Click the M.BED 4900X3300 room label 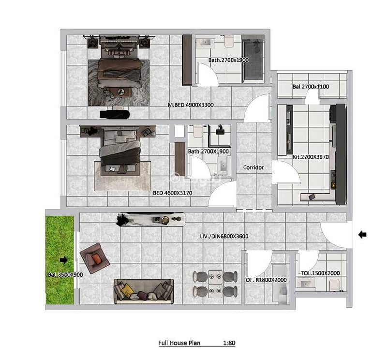(191, 105)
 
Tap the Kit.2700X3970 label (311, 157)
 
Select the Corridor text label (253, 167)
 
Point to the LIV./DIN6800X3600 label (224, 236)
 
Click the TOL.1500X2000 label (320, 273)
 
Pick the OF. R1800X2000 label (266, 280)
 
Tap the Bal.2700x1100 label (311, 87)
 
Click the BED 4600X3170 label (173, 193)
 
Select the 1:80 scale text (229, 343)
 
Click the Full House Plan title (179, 343)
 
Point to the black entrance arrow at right (362, 235)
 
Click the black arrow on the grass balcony (64, 260)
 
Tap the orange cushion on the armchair (96, 259)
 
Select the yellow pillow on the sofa (128, 289)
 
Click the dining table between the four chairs (215, 284)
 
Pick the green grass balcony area (60, 260)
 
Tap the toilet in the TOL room (334, 285)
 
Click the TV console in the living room (151, 219)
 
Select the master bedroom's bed (119, 65)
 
